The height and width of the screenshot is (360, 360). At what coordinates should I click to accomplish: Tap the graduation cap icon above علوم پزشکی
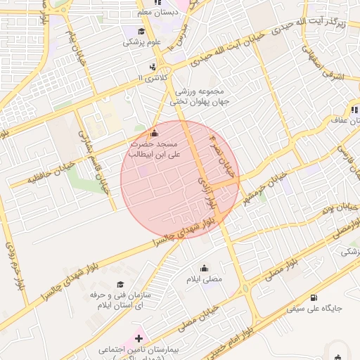[x=141, y=32]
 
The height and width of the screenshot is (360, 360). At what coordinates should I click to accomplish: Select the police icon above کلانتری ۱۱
[x=163, y=67]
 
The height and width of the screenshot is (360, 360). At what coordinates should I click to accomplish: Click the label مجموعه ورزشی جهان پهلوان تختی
[x=196, y=97]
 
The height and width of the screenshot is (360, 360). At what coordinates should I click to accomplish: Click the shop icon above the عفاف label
[x=354, y=110]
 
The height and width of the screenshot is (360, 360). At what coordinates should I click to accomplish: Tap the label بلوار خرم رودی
[x=13, y=265]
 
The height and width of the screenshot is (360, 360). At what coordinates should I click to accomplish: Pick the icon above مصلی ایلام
[x=204, y=268]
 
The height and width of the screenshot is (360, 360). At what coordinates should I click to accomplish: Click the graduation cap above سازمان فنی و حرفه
[x=121, y=284]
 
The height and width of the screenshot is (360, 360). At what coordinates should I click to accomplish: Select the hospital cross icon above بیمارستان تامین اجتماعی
[x=139, y=339]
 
